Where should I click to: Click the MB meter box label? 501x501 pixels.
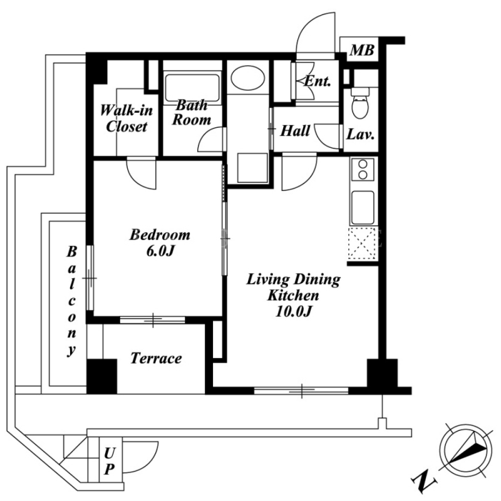(362, 51)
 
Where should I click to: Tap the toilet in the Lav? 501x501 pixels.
(361, 103)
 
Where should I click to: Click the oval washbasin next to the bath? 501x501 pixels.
(248, 78)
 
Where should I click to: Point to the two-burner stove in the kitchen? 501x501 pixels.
(363, 170)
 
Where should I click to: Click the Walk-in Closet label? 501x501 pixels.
(127, 118)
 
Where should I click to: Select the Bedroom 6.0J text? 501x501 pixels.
(160, 243)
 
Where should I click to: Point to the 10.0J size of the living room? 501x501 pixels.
(293, 311)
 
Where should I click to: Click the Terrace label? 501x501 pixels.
(156, 358)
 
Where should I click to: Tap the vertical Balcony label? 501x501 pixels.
(71, 301)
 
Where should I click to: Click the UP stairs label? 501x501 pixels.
(110, 461)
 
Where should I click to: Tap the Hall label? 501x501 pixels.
(295, 131)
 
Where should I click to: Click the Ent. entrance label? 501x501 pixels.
(317, 81)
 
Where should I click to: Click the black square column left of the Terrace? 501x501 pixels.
(102, 376)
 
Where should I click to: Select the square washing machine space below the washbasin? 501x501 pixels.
(252, 168)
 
